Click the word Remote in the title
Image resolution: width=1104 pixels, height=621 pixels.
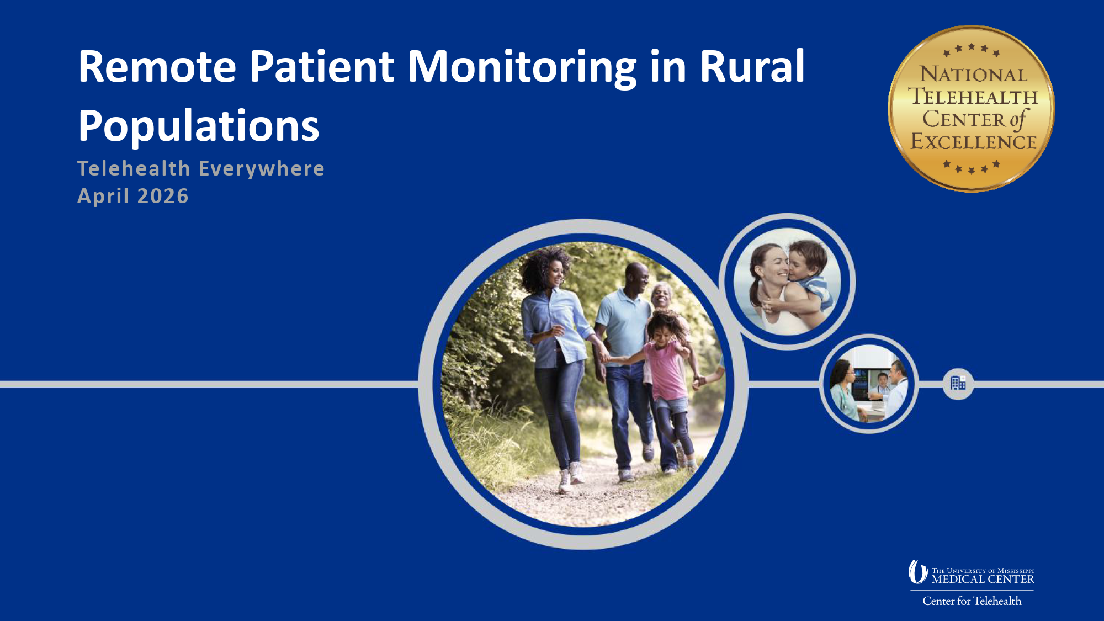[157, 67]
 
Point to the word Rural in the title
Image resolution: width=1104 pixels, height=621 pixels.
[752, 66]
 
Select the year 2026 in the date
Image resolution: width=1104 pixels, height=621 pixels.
[163, 197]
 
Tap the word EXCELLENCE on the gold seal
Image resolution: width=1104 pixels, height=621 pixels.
[973, 142]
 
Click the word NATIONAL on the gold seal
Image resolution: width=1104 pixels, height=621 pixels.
[973, 75]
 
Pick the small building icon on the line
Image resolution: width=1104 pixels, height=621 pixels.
[958, 383]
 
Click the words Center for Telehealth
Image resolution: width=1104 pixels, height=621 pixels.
[972, 601]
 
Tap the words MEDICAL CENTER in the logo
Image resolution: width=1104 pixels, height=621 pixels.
[983, 580]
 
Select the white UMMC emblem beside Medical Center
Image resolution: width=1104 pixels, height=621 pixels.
[917, 572]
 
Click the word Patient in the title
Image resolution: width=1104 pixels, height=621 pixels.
[322, 67]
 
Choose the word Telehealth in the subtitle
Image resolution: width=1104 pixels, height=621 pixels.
[134, 169]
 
